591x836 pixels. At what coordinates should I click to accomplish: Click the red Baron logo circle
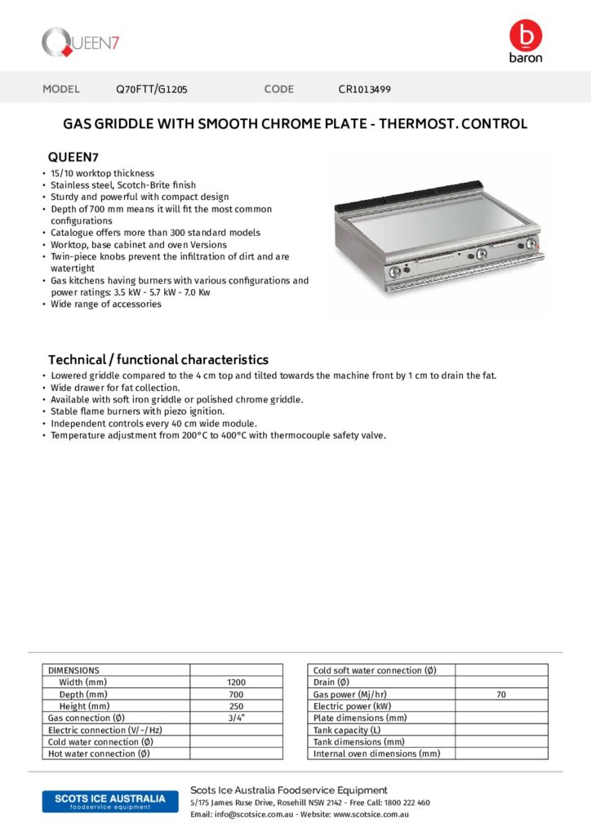pos(525,35)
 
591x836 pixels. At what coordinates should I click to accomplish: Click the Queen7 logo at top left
pos(81,42)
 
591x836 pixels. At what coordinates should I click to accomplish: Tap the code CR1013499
pos(370,89)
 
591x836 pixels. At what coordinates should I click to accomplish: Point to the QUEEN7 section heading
pos(73,157)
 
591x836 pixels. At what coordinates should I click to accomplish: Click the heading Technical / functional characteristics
pos(158,359)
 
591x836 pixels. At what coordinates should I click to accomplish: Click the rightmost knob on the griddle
pos(531,244)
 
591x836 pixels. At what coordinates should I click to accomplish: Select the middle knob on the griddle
pos(481,254)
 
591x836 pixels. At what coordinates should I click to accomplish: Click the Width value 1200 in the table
pos(236,683)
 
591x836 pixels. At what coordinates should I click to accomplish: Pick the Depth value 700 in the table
pos(236,694)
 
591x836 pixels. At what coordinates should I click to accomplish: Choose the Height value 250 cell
pos(236,706)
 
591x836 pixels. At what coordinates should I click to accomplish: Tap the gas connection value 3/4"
pos(236,718)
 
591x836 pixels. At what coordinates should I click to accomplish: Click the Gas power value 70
pos(501,694)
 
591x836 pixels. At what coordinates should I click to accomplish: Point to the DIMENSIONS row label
pos(73,670)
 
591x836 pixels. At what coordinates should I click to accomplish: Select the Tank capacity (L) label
pos(347,730)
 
